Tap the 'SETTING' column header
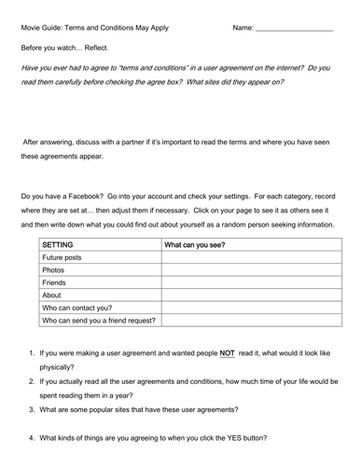pyautogui.click(x=58, y=245)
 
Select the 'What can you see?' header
pyautogui.click(x=196, y=245)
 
